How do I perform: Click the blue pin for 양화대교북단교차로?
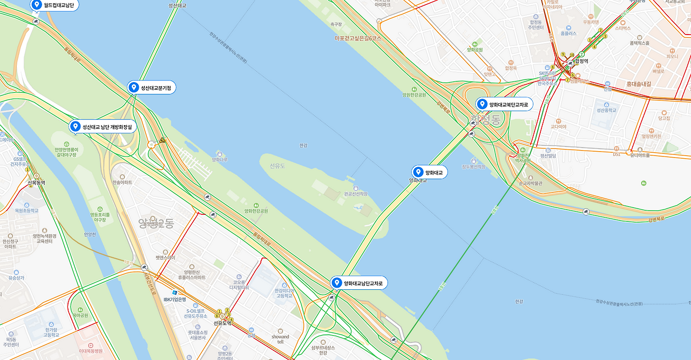pyautogui.click(x=482, y=104)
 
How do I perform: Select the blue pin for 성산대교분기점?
pyautogui.click(x=134, y=87)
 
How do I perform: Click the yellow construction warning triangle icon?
pyautogui.click(x=161, y=140)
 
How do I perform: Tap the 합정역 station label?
pyautogui.click(x=581, y=62)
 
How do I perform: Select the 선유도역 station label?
pyautogui.click(x=222, y=323)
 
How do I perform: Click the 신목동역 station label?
pyautogui.click(x=36, y=183)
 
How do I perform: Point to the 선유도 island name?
pyautogui.click(x=277, y=166)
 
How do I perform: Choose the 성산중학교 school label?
pyautogui.click(x=606, y=110)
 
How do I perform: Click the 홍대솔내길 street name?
pyautogui.click(x=639, y=84)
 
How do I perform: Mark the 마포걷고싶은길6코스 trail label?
pyautogui.click(x=357, y=38)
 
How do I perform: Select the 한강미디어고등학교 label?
pyautogui.click(x=284, y=293)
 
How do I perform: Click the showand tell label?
pyautogui.click(x=280, y=339)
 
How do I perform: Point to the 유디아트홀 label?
pyautogui.click(x=639, y=155)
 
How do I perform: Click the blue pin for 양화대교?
pyautogui.click(x=418, y=172)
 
